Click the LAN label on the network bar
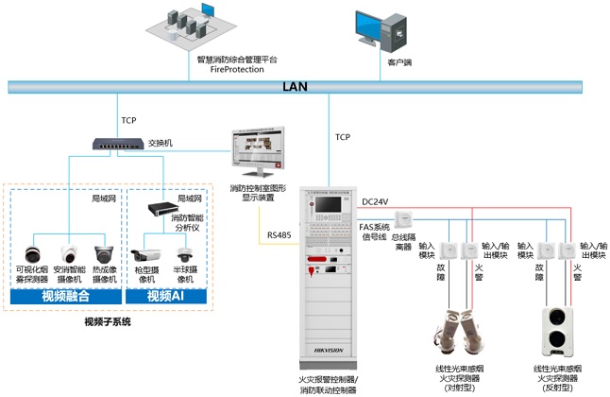coord(295,86)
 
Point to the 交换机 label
coord(161,143)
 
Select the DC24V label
coord(376,201)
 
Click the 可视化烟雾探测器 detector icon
coord(31,253)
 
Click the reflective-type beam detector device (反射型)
coord(557,330)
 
